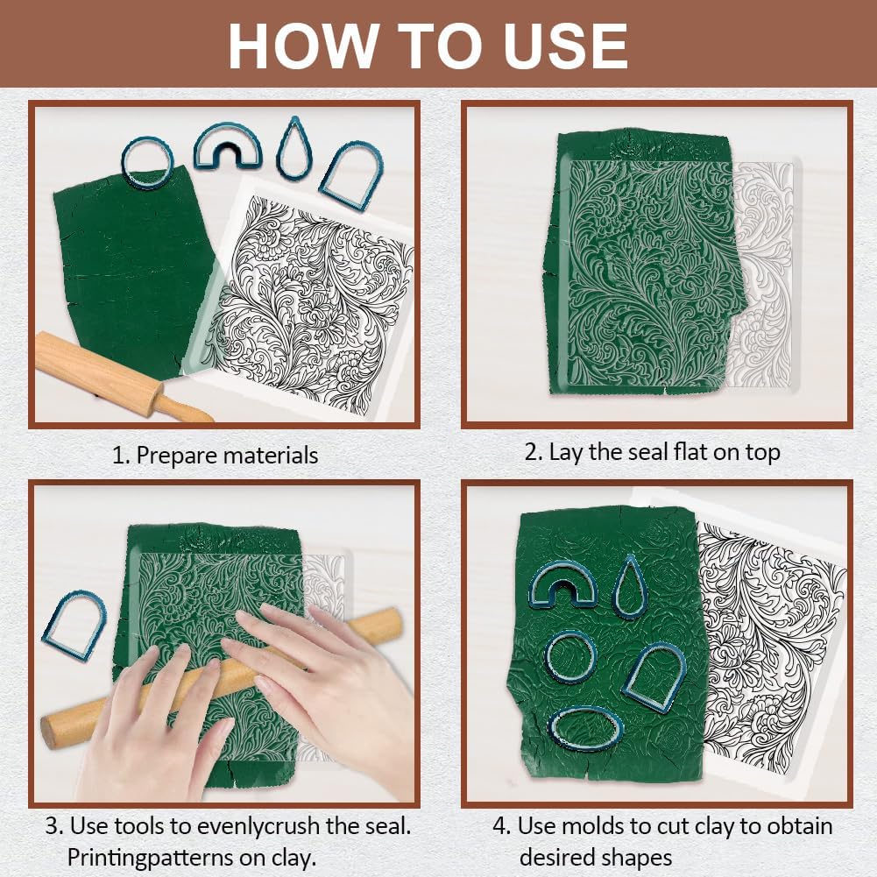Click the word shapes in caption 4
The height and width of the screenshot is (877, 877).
[x=634, y=858]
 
